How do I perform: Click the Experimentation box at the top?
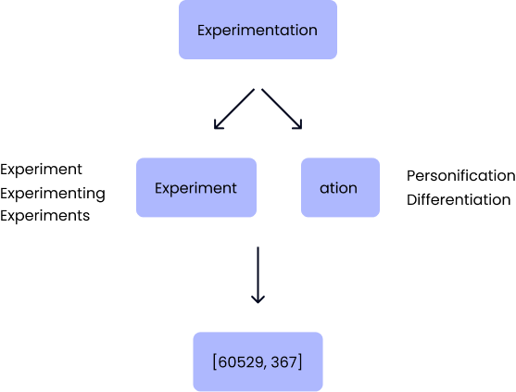click(258, 31)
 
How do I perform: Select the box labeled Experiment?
click(196, 187)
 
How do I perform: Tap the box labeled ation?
click(340, 187)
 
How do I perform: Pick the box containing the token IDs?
click(258, 361)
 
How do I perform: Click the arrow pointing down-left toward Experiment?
click(236, 109)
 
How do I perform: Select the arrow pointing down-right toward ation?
click(281, 109)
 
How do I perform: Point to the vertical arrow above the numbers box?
click(258, 274)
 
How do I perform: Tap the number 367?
click(283, 361)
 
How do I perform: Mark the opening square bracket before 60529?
click(215, 361)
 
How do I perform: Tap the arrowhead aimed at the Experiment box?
click(218, 126)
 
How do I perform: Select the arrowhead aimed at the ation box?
click(299, 126)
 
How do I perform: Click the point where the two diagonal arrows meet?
click(258, 90)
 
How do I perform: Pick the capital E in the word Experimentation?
click(202, 31)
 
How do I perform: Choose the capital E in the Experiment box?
click(158, 187)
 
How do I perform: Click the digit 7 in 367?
click(294, 361)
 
